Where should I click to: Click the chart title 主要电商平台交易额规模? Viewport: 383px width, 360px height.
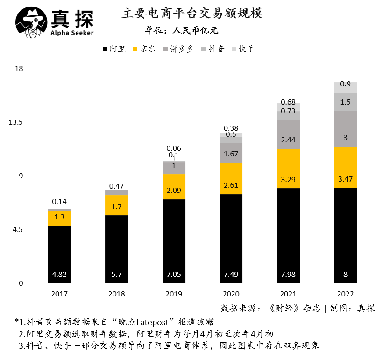click(x=192, y=13)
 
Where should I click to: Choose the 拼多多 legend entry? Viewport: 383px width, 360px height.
click(x=178, y=49)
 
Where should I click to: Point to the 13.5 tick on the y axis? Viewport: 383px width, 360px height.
click(x=16, y=122)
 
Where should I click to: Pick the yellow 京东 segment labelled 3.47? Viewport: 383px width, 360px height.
click(x=345, y=167)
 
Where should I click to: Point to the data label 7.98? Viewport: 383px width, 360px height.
click(x=288, y=274)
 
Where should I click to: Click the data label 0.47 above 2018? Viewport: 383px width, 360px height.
click(x=116, y=186)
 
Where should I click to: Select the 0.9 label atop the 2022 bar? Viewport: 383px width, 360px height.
click(x=345, y=84)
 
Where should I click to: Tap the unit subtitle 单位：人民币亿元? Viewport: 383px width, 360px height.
click(x=182, y=31)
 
